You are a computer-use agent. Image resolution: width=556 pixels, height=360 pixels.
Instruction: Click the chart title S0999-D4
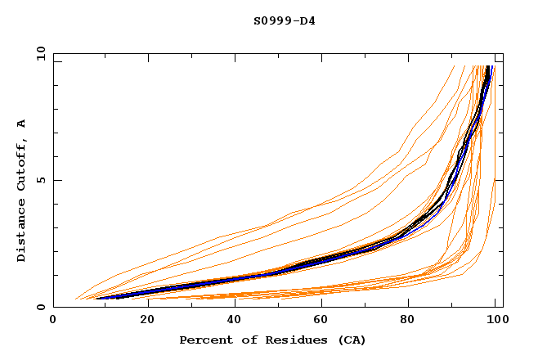point(284,20)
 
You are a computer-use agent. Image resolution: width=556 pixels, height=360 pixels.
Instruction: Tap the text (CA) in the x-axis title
point(352,340)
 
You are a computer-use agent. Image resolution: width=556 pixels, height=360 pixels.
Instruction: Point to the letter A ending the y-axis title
point(21,123)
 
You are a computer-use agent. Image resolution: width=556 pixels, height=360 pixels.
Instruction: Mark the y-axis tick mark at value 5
point(56,180)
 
